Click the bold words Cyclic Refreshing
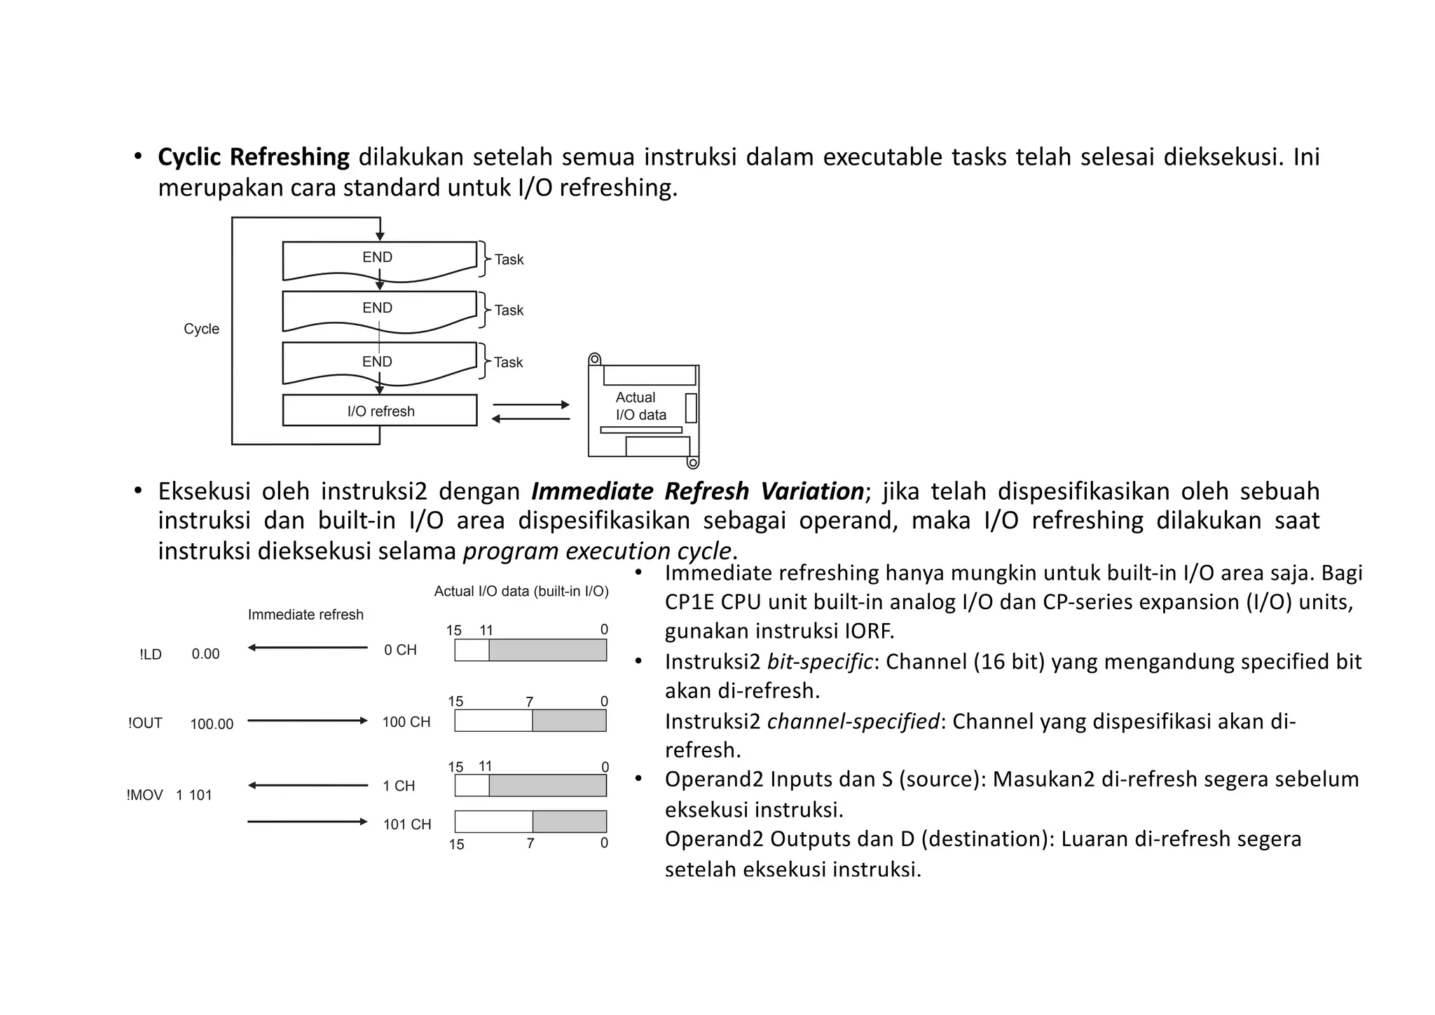[x=253, y=157]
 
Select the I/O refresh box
[x=380, y=411]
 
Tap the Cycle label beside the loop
[x=201, y=329]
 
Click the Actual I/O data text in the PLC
[x=640, y=406]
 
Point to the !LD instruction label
[x=151, y=654]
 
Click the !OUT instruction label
[x=145, y=723]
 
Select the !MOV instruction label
[x=144, y=795]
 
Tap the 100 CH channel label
[x=406, y=722]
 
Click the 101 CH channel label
[x=407, y=824]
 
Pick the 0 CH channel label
[x=400, y=650]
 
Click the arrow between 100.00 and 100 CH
[x=307, y=721]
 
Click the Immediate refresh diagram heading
[x=305, y=615]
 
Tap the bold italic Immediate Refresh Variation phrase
[x=697, y=491]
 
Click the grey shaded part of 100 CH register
[x=569, y=721]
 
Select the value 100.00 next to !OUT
[x=212, y=724]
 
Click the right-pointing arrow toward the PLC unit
[x=531, y=404]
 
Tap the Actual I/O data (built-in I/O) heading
[x=521, y=592]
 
